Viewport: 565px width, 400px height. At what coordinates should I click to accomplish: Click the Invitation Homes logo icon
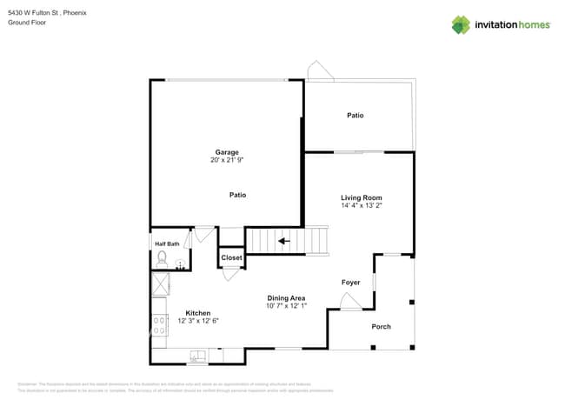click(x=461, y=24)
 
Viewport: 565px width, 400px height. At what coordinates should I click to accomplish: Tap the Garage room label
click(x=227, y=152)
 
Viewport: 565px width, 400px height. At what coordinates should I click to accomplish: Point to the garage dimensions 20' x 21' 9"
click(x=227, y=160)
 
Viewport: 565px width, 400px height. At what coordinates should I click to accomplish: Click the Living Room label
click(x=361, y=198)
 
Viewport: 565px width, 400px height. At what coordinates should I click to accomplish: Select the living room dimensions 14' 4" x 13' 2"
click(x=361, y=206)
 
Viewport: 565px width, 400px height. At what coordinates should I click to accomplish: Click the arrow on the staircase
click(x=282, y=241)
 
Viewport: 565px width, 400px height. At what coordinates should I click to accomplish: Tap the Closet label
click(x=231, y=258)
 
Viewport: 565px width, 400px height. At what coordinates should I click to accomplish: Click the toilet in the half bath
click(x=162, y=257)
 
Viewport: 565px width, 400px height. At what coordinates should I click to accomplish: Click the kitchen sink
click(x=198, y=355)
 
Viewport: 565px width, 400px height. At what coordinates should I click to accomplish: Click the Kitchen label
click(x=197, y=313)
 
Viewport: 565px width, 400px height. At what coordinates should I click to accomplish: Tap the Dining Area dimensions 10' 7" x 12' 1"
click(x=287, y=306)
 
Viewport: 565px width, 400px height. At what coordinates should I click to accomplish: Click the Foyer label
click(x=350, y=283)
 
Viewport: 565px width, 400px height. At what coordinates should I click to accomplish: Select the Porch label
click(x=381, y=327)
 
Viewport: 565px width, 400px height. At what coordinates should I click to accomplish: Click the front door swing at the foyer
click(x=349, y=302)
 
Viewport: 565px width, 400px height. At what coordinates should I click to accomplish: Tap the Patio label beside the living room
click(x=355, y=115)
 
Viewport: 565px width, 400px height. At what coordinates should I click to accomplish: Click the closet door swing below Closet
click(x=230, y=274)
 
